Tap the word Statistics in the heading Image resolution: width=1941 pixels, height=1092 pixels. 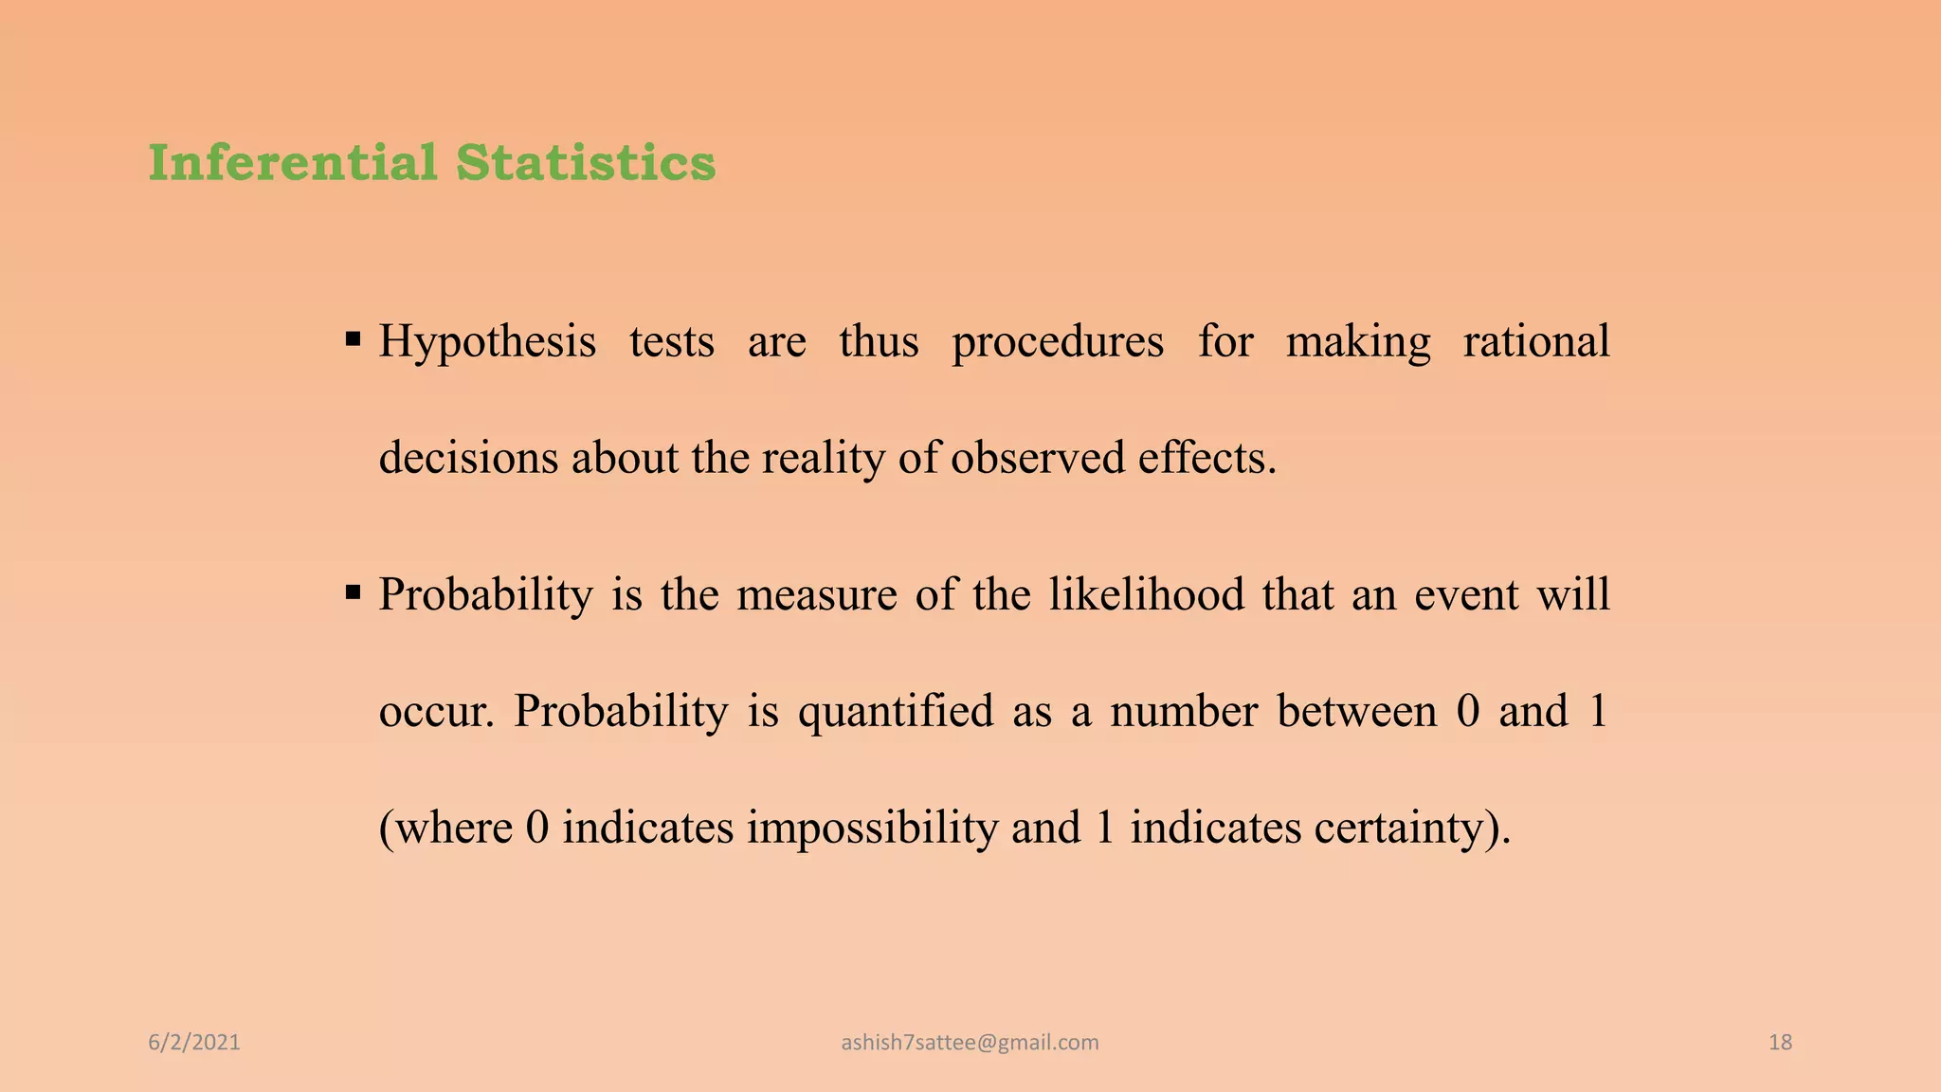(586, 162)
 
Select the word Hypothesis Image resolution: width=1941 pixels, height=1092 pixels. (487, 343)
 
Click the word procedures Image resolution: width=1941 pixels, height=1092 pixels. (1058, 343)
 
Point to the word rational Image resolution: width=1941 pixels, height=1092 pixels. (1535, 341)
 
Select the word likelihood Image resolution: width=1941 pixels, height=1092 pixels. (1146, 595)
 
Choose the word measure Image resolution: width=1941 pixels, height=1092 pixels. (816, 596)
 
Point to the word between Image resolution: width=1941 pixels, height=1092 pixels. (1356, 712)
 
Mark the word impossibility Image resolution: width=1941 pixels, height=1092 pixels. (872, 828)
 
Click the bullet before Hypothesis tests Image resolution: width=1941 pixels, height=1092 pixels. (354, 338)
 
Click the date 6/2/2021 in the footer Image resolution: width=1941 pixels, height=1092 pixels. (194, 1043)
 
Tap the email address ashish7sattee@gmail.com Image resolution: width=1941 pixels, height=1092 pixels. (970, 1043)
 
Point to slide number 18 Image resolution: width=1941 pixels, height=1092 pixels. (1780, 1043)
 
